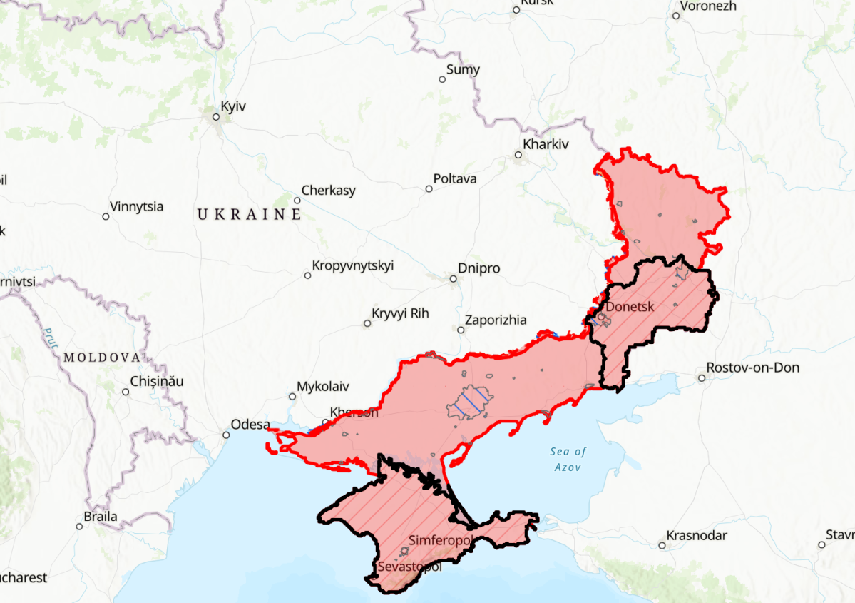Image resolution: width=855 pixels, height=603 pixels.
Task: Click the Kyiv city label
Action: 233,106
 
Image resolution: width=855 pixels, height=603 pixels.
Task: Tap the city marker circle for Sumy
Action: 442,79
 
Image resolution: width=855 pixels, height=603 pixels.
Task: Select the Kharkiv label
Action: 546,144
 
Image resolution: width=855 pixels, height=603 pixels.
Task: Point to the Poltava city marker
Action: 429,189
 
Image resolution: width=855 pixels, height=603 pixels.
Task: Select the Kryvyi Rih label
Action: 400,313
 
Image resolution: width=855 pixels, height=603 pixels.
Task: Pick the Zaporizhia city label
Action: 496,320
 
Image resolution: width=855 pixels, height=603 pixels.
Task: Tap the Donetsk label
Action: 630,307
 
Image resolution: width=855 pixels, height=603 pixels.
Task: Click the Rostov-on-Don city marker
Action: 701,377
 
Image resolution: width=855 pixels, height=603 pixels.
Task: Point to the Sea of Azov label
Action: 568,460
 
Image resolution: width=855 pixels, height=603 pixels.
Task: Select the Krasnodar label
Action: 697,536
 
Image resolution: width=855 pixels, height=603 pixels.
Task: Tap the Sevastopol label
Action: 409,567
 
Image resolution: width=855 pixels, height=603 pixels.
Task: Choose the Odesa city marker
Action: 226,434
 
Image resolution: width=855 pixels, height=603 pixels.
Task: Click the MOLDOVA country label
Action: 101,357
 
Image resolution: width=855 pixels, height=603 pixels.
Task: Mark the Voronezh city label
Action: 708,6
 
